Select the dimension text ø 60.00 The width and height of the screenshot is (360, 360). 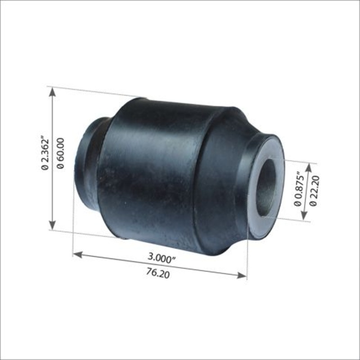61,153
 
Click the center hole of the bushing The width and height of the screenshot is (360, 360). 267,186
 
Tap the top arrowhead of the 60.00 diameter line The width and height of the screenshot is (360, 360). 53,91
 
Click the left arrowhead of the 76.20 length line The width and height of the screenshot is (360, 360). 77,255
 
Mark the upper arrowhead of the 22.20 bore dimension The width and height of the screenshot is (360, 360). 308,167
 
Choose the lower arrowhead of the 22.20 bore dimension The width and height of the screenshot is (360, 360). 308,216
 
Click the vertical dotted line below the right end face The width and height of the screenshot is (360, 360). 247,256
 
